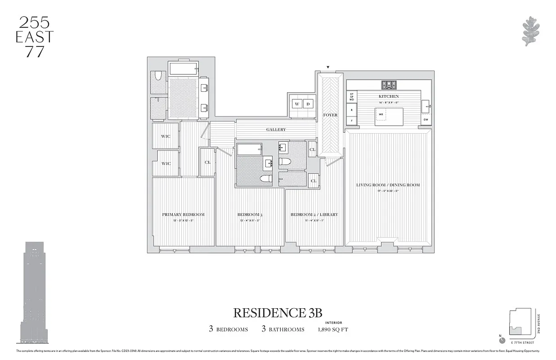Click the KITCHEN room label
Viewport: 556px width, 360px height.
coord(388,96)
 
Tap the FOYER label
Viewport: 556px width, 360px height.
coord(330,115)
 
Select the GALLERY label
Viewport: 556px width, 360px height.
coord(276,130)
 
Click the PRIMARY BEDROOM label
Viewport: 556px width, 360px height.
coord(183,215)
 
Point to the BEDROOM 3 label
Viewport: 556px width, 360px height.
coord(250,215)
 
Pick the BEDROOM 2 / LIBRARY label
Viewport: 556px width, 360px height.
coord(314,215)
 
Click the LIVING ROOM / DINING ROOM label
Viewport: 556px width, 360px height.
coord(388,185)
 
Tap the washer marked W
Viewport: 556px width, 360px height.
coord(297,104)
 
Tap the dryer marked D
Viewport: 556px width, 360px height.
coord(308,104)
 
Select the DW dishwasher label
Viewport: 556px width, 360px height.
coord(426,120)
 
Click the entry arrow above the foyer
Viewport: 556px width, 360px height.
coord(328,67)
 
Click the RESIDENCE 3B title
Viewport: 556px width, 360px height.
coord(278,312)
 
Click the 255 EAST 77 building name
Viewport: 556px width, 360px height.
coord(35,37)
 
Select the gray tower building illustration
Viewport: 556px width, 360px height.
coord(34,292)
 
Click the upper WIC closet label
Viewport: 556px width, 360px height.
coord(166,136)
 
